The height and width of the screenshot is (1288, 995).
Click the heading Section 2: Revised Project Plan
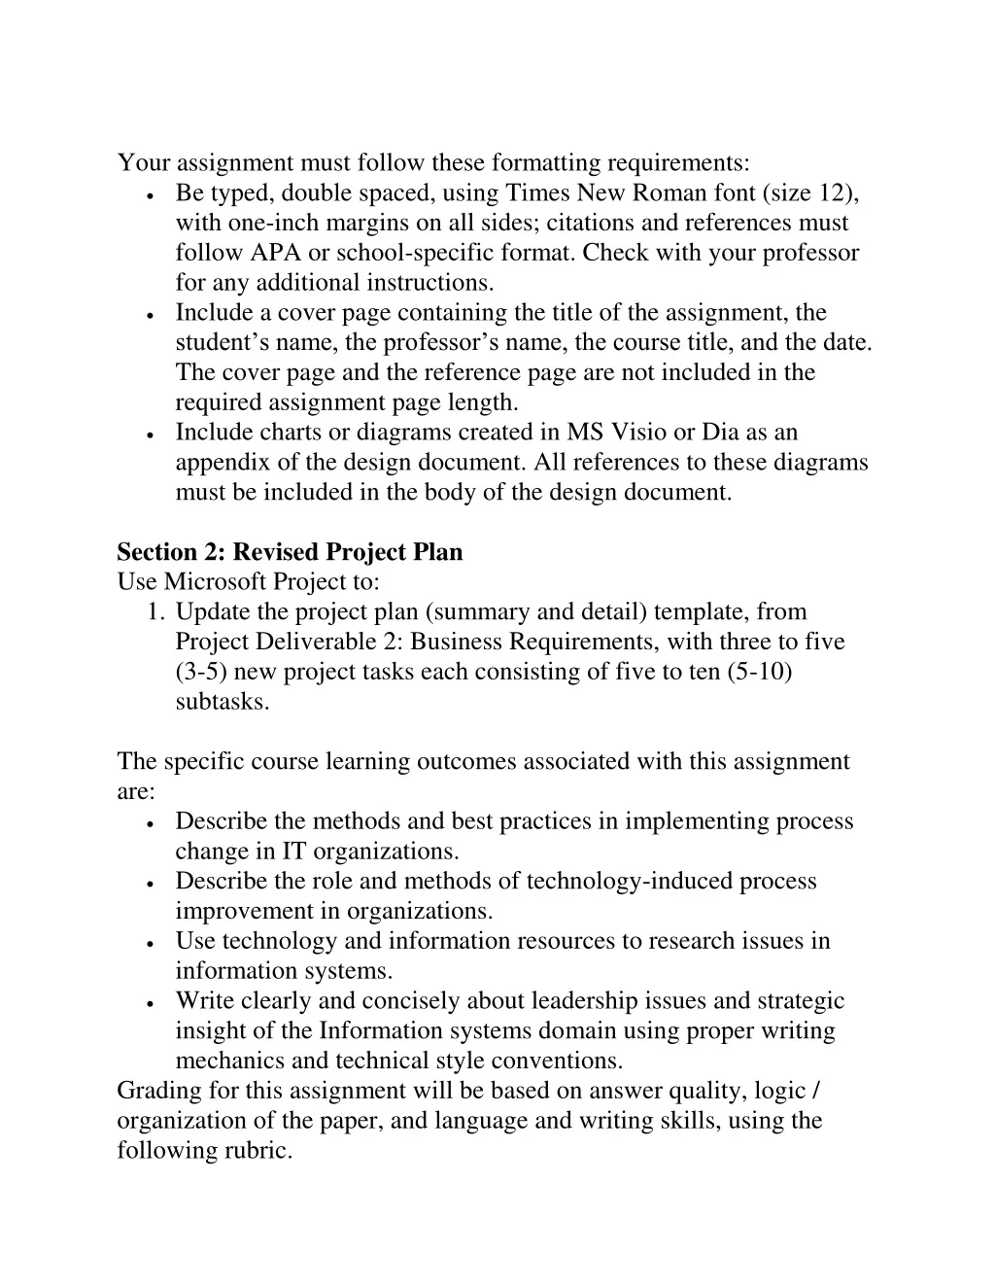tap(290, 552)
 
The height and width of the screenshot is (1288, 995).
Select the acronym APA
tap(276, 253)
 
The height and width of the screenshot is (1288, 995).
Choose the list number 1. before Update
tap(155, 612)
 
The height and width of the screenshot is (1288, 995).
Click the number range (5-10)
tap(760, 672)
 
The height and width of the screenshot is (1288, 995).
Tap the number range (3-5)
tap(201, 672)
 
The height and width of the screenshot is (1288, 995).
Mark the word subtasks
tap(223, 702)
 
